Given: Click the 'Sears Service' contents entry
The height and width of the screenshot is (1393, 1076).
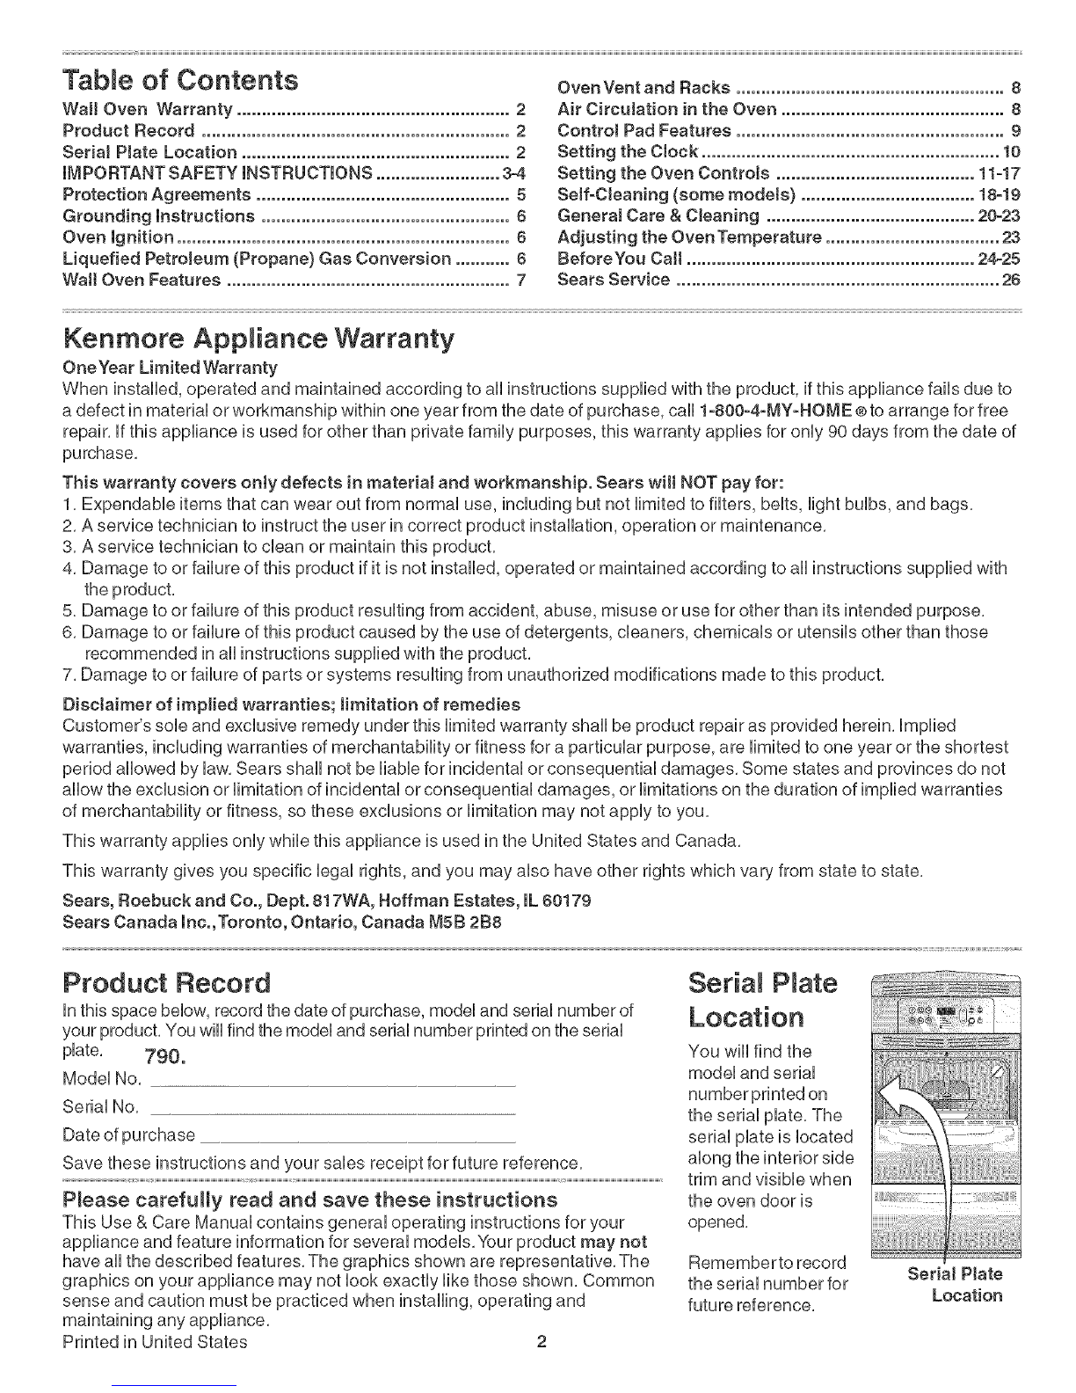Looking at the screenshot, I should (614, 281).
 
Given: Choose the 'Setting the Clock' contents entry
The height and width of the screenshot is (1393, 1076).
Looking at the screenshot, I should (629, 151).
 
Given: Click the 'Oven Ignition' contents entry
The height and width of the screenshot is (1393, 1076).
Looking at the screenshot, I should (119, 237).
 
